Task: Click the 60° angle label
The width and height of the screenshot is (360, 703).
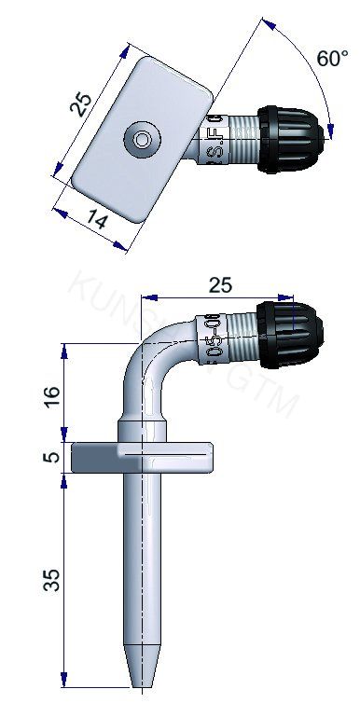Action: point(331,59)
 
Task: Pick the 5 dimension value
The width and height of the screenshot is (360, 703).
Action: point(53,457)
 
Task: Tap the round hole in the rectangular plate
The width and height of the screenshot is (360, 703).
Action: point(142,139)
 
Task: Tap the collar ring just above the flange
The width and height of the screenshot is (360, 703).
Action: point(142,430)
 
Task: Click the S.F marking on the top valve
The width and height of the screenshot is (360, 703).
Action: point(210,141)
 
